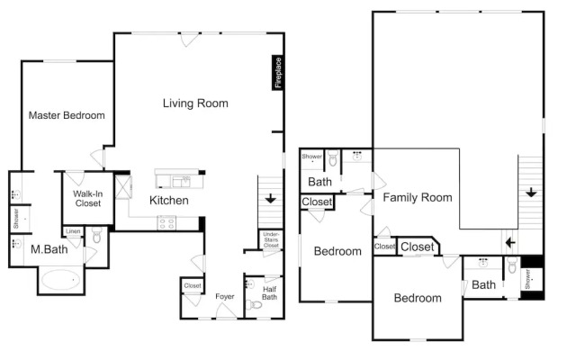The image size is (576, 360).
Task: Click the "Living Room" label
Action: [x=195, y=103]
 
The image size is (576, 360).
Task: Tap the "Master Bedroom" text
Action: [x=67, y=115]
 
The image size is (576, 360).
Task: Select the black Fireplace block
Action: [x=278, y=73]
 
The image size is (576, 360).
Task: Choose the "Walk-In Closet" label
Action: [x=87, y=198]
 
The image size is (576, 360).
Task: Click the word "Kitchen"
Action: [x=169, y=200]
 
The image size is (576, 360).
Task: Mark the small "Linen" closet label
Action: [x=74, y=231]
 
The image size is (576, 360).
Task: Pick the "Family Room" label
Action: [x=418, y=197]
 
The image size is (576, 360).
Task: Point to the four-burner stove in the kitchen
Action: [x=166, y=222]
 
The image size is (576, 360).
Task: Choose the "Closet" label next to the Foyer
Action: [x=193, y=286]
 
